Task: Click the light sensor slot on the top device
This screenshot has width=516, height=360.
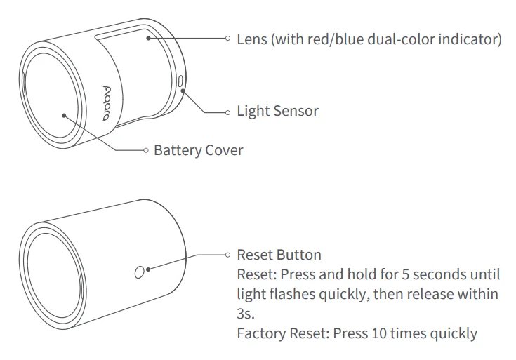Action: tap(181, 83)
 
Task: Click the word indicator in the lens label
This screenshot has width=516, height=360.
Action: tap(470, 39)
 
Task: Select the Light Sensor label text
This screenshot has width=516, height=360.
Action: tap(277, 111)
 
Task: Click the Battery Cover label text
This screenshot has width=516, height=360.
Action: tap(199, 150)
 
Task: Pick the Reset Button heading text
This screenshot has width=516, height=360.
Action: tap(279, 255)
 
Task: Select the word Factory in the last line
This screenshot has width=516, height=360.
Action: tap(260, 333)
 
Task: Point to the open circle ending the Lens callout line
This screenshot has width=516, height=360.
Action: tap(227, 39)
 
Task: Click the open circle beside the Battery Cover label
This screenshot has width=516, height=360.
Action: tap(145, 150)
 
